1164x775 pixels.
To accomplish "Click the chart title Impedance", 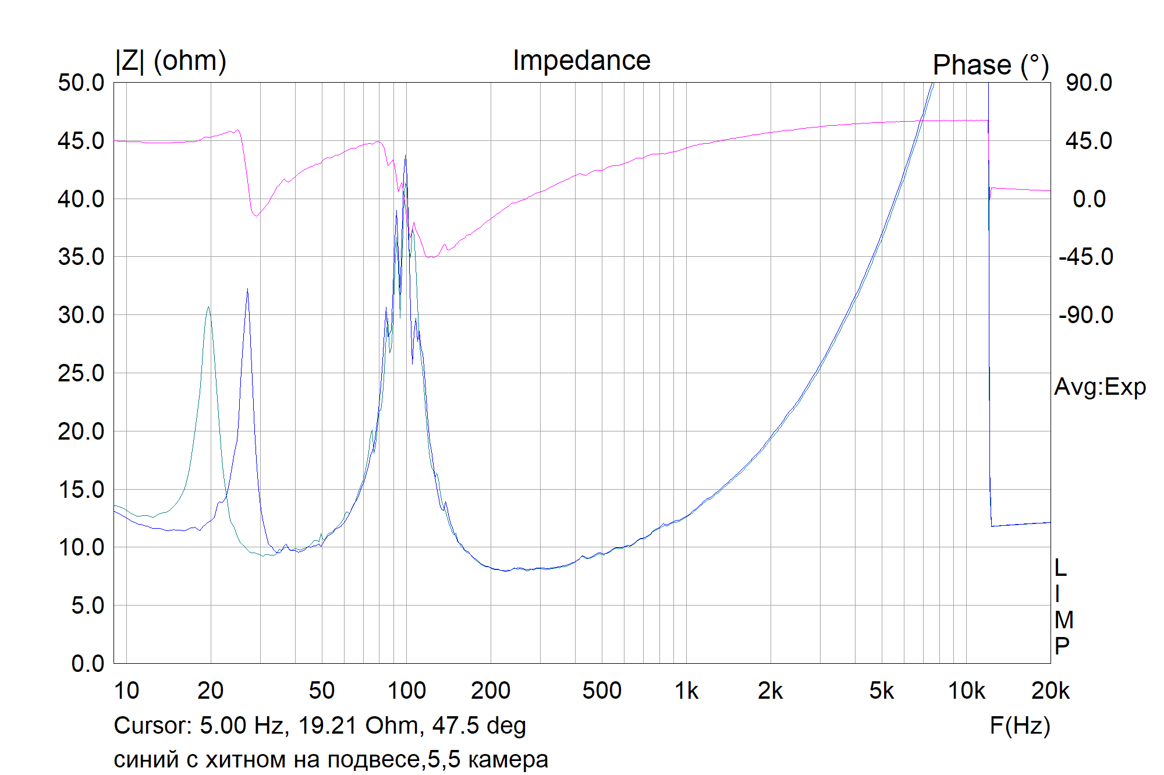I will click(581, 61).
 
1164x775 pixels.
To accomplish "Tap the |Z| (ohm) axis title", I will click(171, 61).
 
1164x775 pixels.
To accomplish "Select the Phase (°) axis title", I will click(991, 65).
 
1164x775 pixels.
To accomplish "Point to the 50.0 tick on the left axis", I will click(81, 83).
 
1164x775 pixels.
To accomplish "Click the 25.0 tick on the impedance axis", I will click(81, 373).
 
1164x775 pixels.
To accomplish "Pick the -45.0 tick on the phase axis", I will click(1086, 257).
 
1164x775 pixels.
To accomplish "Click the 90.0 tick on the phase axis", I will click(1089, 83).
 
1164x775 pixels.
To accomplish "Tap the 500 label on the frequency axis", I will click(602, 691).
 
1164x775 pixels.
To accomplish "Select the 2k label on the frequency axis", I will click(770, 691).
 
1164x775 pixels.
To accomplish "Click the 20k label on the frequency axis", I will click(1050, 691).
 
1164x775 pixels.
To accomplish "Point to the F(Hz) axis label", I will click(1020, 726).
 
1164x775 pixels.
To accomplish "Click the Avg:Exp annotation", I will click(1100, 387).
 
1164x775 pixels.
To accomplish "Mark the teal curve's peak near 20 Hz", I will click(208, 307).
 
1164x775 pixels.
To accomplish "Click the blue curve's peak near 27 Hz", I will click(247, 289).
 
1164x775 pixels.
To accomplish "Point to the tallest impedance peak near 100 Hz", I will click(405, 156).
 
